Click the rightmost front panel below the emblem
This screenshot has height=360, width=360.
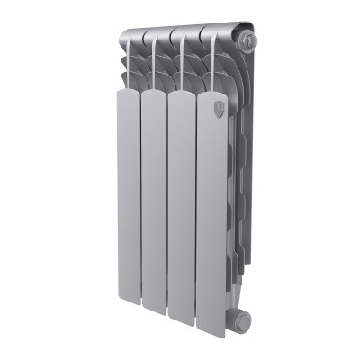click(x=211, y=216)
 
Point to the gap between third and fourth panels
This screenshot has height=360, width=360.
click(x=196, y=211)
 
